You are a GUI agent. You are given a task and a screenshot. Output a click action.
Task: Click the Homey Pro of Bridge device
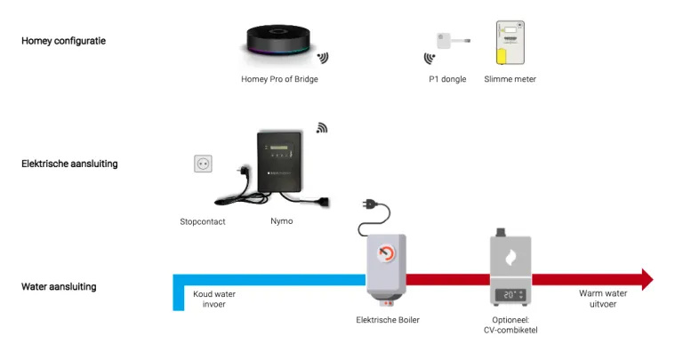[x=278, y=44]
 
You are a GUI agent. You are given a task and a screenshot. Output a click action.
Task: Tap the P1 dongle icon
[x=446, y=42]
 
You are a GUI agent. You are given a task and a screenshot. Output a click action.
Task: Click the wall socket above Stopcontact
[x=204, y=164]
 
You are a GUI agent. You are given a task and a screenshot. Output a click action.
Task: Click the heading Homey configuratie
[x=63, y=41]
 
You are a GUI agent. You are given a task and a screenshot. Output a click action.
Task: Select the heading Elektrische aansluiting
[x=69, y=164]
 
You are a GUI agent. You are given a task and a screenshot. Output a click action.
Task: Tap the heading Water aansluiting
[x=59, y=286]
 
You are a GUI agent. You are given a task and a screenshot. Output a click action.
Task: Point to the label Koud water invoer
[x=214, y=299]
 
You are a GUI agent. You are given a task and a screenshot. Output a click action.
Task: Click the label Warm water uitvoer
[x=603, y=299]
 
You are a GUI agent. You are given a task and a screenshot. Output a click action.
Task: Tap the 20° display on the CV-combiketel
[x=510, y=294]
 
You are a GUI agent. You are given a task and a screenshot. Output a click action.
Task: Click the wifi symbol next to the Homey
[x=323, y=58]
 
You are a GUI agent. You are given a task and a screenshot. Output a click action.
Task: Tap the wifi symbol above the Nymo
[x=322, y=128]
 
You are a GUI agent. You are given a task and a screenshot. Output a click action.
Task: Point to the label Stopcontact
[x=203, y=221]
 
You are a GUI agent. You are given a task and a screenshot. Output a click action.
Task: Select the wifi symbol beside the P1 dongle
[x=430, y=59]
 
